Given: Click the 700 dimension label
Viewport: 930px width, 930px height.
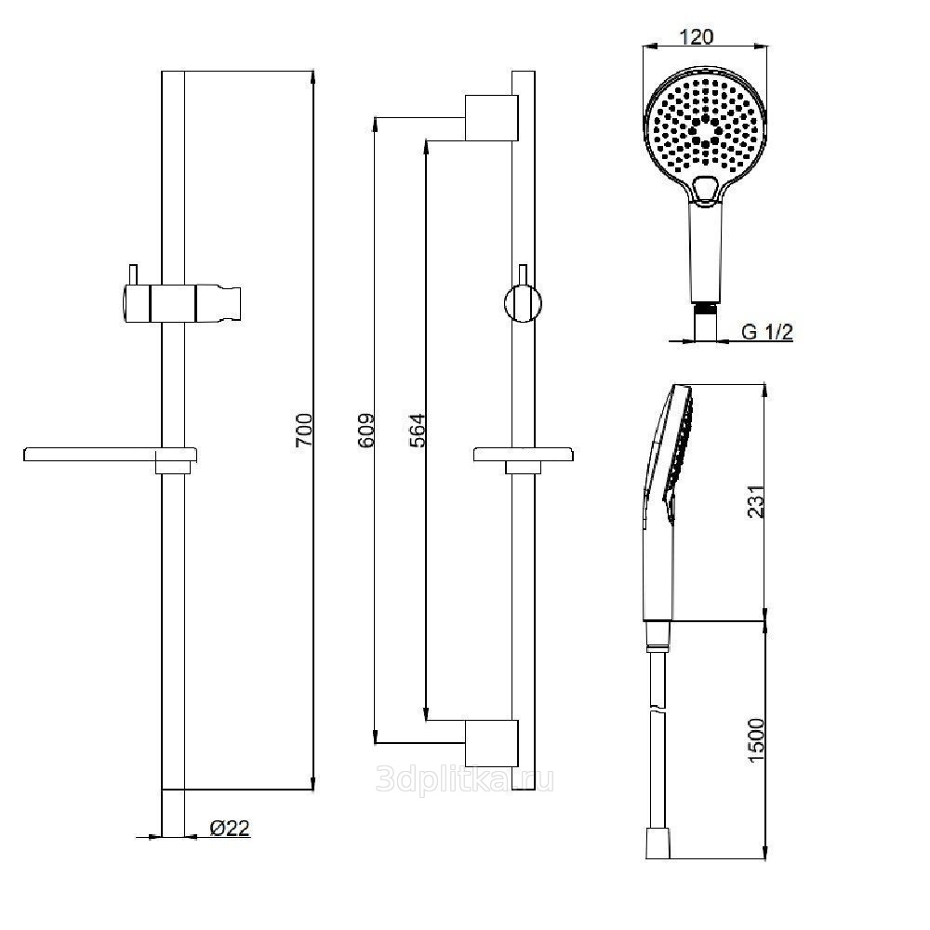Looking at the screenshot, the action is tap(303, 430).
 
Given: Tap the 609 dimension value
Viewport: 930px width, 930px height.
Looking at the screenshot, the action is tap(365, 430).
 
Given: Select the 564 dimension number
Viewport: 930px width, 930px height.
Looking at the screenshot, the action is tap(418, 430).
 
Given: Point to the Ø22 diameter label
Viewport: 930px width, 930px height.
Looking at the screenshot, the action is tap(230, 828).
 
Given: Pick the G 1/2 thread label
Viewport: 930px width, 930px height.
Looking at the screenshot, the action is tap(767, 332).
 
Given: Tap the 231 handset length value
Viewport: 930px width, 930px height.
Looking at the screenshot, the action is tap(756, 501).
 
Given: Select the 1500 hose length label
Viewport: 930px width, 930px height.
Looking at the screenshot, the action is tap(756, 740).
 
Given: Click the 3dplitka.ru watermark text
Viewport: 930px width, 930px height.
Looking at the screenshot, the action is tap(465, 779).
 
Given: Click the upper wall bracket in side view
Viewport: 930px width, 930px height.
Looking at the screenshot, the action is tap(492, 117).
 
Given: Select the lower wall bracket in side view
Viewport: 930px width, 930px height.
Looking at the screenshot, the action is tap(492, 743).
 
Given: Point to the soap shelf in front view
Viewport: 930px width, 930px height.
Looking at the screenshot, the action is tap(111, 455).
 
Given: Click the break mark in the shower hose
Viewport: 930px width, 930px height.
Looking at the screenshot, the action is tap(658, 708).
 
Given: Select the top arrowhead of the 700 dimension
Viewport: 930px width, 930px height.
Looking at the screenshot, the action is tap(312, 78).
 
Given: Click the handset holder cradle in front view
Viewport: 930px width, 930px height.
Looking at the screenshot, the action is tap(219, 303).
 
